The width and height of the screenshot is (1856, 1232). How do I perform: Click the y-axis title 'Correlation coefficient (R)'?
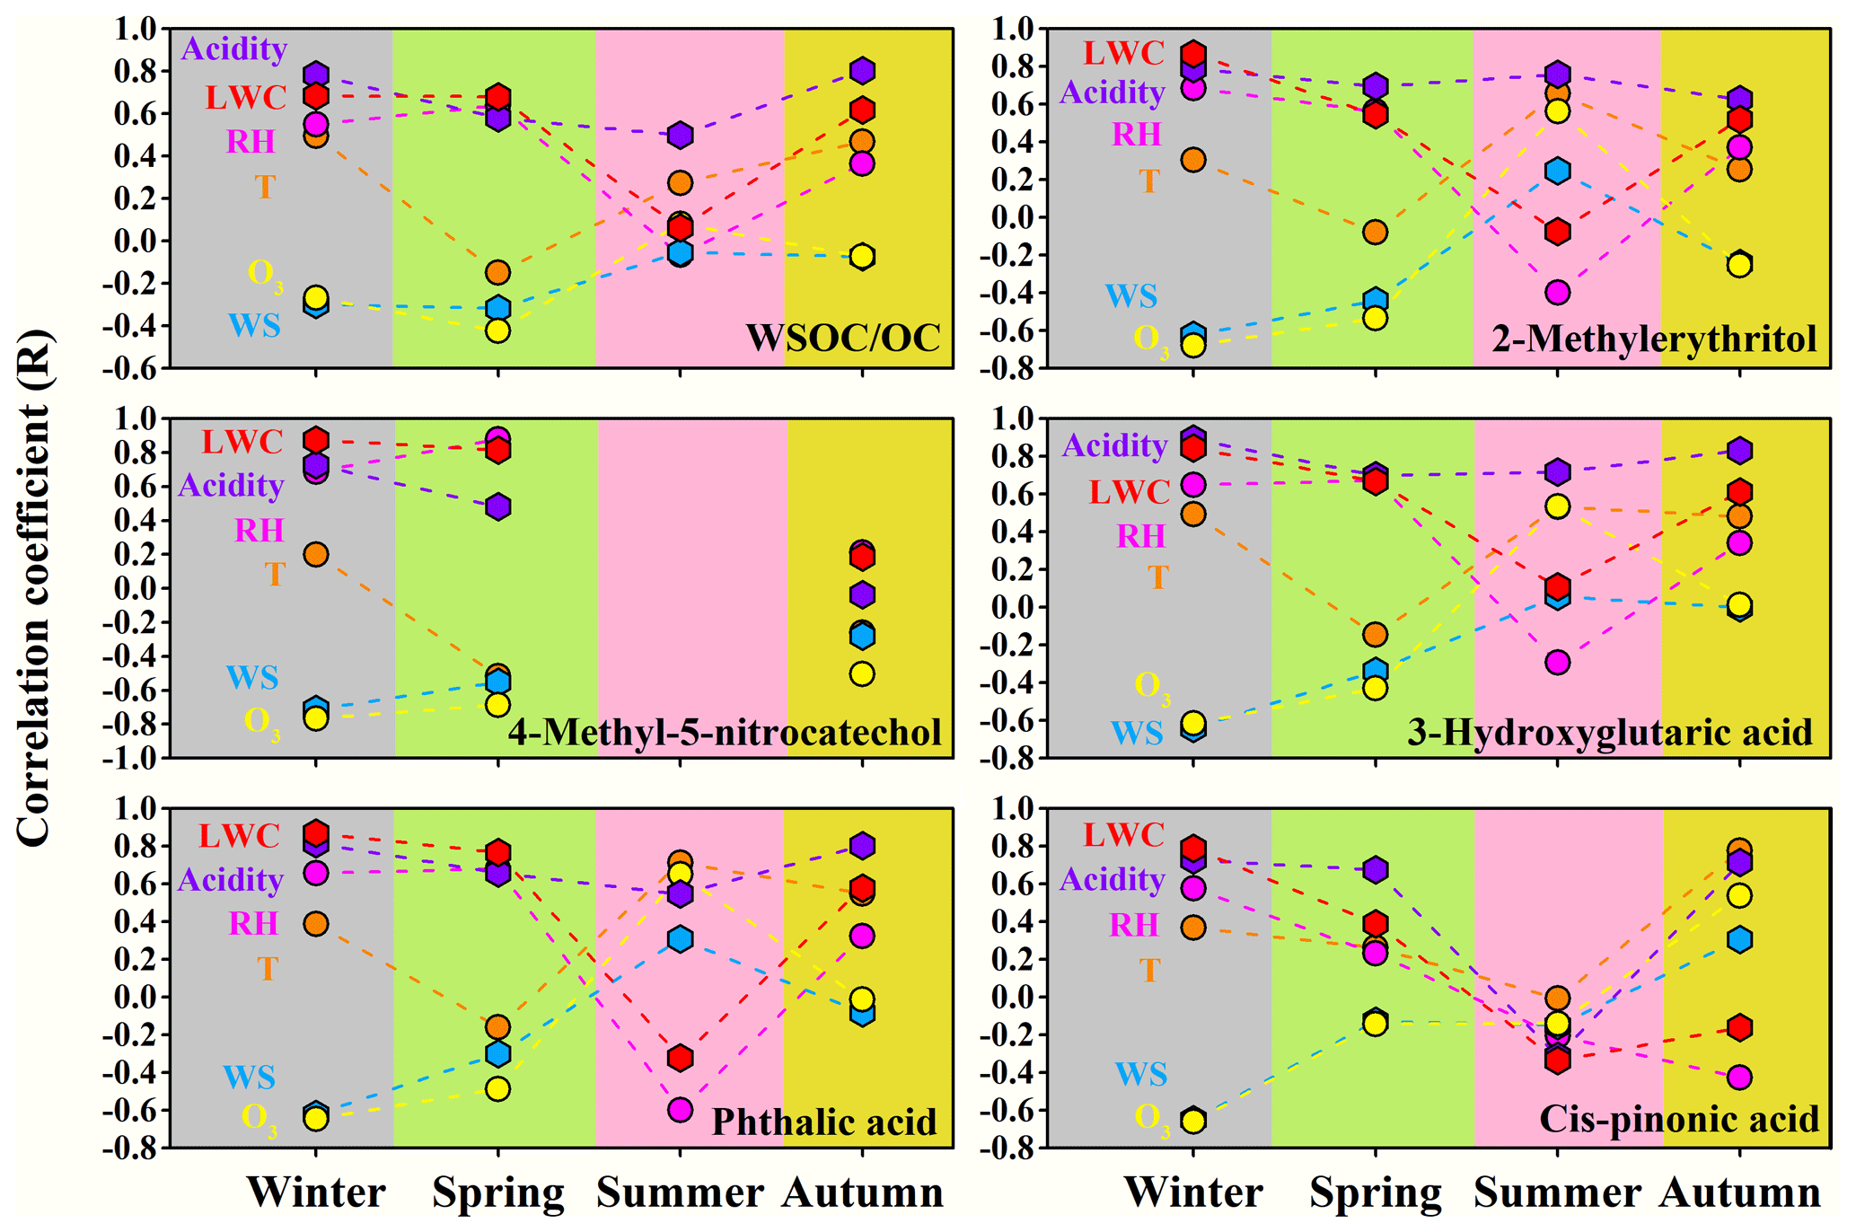pos(34,588)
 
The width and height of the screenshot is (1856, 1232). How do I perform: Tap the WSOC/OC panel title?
pos(842,338)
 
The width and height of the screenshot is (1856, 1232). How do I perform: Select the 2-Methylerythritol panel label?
pos(1654,339)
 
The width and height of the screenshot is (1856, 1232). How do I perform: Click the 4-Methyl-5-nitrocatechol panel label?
pos(725,732)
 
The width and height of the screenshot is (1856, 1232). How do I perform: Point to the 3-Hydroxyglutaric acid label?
pos(1609,732)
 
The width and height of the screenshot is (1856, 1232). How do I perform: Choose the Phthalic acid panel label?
pos(823,1122)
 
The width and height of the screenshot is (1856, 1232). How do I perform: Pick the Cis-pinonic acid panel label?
pos(1678,1119)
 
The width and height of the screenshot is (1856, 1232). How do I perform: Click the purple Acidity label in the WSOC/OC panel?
pos(233,48)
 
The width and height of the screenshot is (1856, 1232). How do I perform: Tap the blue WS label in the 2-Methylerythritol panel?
pos(1130,295)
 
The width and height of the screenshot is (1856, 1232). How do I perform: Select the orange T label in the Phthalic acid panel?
pos(268,969)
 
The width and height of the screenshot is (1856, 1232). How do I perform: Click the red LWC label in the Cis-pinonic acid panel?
pos(1123,835)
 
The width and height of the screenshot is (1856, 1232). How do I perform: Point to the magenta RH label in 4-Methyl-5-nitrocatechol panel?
pos(259,531)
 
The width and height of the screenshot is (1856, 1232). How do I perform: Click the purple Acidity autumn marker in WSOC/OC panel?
pos(862,70)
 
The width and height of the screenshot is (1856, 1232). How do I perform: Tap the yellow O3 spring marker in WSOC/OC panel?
pos(498,330)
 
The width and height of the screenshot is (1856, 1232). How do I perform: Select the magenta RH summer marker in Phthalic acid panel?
pos(680,1110)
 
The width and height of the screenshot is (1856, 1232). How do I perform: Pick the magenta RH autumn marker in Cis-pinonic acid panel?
pos(1739,1077)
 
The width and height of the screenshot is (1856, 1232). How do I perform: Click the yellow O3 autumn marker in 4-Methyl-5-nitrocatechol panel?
pos(862,673)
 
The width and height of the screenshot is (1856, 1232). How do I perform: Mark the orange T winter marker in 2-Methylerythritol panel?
pos(1192,160)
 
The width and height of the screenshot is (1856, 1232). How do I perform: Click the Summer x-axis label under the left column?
pos(680,1192)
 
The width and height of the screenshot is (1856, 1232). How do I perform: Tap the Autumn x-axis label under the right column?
pos(1739,1192)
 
